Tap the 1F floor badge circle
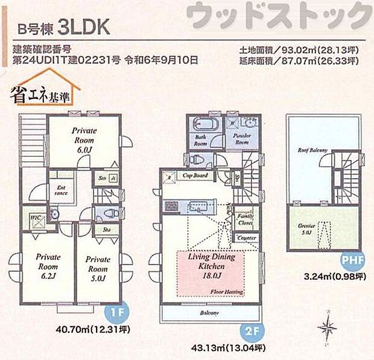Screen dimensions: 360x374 (119, 313)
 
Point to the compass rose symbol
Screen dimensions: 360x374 (329, 329)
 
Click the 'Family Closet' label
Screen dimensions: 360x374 (245, 219)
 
